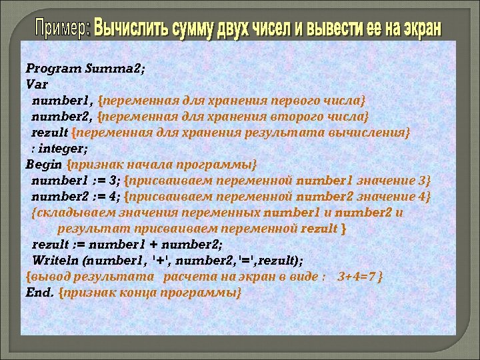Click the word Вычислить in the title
click(x=132, y=29)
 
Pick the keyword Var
click(x=34, y=84)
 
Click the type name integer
click(x=64, y=148)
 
